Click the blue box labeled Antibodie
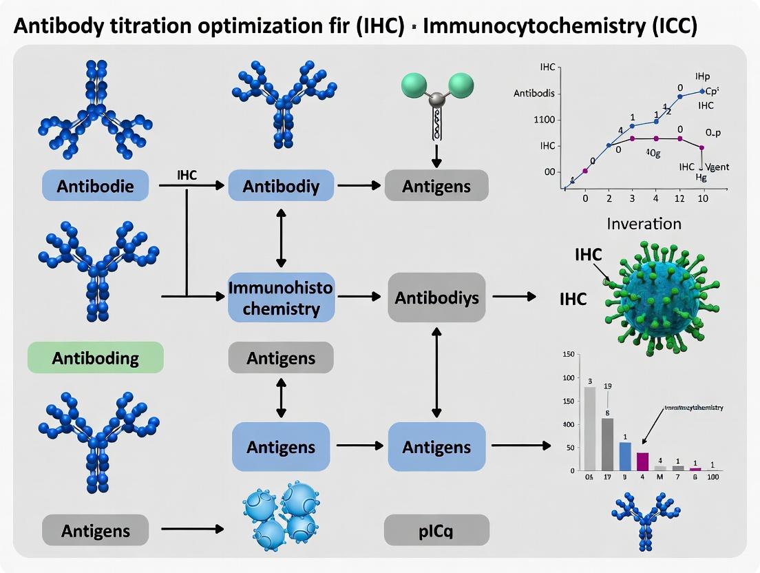[95, 186]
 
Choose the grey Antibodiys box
[436, 298]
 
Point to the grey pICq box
[436, 531]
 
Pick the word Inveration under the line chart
[644, 223]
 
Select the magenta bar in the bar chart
[642, 461]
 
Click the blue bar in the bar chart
[625, 455]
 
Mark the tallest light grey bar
[590, 428]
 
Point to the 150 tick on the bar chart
[568, 355]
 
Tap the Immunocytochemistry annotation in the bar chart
[693, 408]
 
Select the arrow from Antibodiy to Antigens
[359, 186]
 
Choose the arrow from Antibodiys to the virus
[514, 297]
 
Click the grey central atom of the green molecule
[435, 101]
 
